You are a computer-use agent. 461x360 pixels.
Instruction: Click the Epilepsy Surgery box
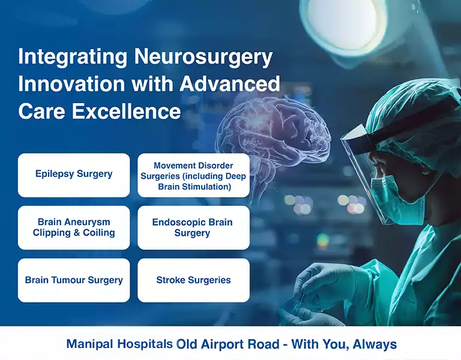[x=74, y=175]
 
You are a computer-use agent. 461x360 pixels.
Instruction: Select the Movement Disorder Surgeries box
[x=193, y=176]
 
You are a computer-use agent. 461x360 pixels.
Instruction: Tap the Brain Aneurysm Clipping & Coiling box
[x=74, y=227]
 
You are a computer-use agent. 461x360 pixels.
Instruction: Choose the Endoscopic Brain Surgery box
[x=193, y=227]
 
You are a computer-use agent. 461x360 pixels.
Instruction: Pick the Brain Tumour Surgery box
[x=74, y=280]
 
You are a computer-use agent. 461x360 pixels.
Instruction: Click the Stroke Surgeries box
[x=193, y=280]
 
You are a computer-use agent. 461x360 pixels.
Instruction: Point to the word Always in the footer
[x=375, y=344]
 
